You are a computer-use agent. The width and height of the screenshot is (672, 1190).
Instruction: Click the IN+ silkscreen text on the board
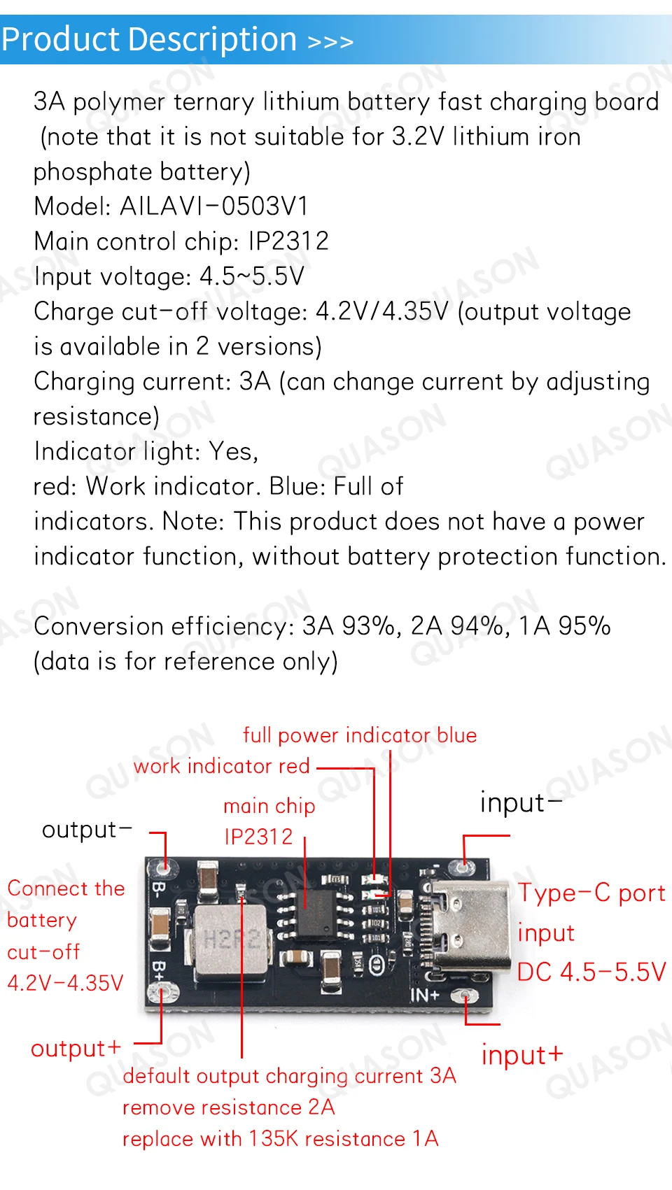coord(424,995)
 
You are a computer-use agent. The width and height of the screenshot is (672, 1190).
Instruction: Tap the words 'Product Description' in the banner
coord(149,39)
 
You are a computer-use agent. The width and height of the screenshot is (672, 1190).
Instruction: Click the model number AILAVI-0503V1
coord(213,206)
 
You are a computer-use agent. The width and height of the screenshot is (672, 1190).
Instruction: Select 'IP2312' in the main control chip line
coord(288,241)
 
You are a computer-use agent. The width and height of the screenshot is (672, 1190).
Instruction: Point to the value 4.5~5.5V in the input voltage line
coord(252,276)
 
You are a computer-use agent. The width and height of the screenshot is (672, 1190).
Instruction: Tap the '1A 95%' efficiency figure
coord(564,626)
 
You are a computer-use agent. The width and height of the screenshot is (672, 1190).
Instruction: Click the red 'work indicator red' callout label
coord(221,766)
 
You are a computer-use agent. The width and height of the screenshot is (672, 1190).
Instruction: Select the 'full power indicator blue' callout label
coord(360,735)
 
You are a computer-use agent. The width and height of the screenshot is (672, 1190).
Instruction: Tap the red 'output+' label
coord(76,1049)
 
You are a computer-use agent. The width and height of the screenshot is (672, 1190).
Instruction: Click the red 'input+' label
coord(522,1055)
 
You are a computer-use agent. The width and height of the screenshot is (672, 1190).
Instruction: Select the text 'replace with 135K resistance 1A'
coord(280,1139)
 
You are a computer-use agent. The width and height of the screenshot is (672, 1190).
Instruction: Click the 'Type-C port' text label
coord(591,893)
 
